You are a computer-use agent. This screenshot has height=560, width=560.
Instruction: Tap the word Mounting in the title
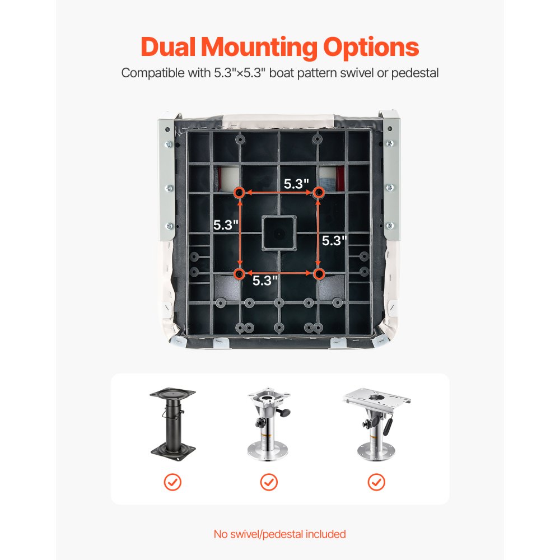[259, 48]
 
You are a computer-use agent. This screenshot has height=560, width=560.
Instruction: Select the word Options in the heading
[371, 48]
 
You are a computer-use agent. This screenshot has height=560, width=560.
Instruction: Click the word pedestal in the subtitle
[414, 73]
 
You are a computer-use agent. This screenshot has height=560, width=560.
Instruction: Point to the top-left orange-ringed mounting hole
[239, 193]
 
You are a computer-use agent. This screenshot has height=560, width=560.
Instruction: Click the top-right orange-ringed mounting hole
[319, 193]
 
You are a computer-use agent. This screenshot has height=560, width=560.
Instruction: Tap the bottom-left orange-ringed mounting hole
[239, 274]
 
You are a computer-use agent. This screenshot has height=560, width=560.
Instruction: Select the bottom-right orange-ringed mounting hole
[319, 274]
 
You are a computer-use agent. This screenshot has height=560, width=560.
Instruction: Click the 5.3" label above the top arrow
[296, 184]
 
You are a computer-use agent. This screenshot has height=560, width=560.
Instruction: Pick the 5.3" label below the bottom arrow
[265, 281]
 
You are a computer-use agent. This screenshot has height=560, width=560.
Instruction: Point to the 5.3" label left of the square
[226, 225]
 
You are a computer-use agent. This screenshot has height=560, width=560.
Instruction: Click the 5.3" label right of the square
[334, 241]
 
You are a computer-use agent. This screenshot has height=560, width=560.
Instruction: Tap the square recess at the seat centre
[279, 233]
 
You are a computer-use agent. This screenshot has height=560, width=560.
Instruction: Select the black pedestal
[173, 424]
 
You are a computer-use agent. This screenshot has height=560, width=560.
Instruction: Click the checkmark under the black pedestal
[172, 483]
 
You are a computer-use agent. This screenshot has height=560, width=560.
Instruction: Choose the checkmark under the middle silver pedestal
[269, 483]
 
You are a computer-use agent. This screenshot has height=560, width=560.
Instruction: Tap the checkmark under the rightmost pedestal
[376, 483]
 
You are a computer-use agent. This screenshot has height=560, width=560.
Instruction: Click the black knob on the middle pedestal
[286, 413]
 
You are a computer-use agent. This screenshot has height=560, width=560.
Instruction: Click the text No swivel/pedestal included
[279, 534]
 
